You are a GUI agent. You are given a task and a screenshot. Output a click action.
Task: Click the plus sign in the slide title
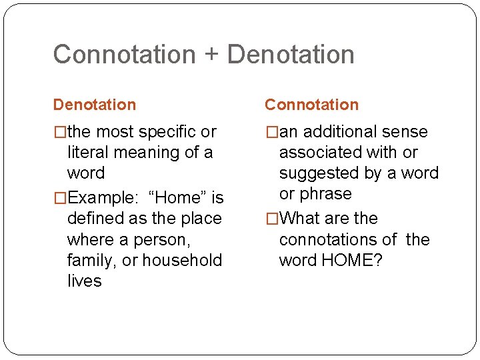click(211, 55)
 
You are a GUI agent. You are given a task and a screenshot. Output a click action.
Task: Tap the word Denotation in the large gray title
click(291, 55)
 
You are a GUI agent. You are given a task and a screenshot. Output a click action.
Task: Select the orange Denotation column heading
click(94, 105)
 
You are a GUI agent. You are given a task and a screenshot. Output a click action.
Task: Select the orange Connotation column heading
click(311, 105)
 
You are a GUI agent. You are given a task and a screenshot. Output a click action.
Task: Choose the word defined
click(95, 219)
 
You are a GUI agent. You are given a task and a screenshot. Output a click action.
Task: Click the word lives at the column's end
click(84, 281)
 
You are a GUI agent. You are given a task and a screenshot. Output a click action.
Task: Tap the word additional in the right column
click(338, 132)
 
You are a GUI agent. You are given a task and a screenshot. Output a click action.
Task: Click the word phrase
click(325, 194)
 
